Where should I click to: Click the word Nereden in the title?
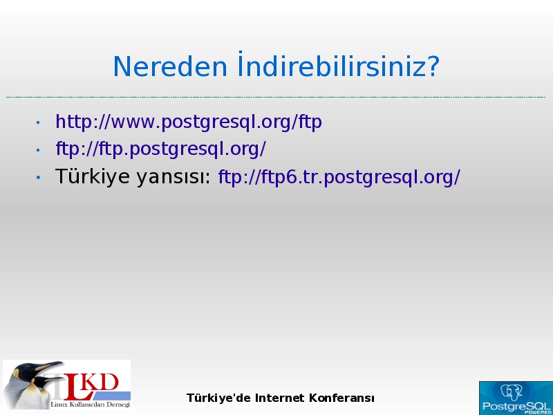(x=170, y=66)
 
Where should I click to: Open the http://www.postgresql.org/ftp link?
(x=189, y=122)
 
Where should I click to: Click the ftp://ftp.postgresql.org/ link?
(x=161, y=149)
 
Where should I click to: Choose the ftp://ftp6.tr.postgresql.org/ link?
(x=339, y=176)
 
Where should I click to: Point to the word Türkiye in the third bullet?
(x=93, y=176)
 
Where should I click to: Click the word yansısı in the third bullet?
(x=174, y=177)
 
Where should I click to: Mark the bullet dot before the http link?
(x=38, y=123)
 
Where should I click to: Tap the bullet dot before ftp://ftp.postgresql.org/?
(x=38, y=150)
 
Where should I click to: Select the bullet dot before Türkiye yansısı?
(x=38, y=177)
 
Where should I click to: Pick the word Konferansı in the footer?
(x=341, y=398)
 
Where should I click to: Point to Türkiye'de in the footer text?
(x=218, y=398)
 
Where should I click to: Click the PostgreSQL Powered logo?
(x=516, y=398)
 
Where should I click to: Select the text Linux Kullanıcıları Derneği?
(x=91, y=405)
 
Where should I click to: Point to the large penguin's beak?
(x=49, y=366)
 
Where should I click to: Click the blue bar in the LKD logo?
(x=111, y=395)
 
